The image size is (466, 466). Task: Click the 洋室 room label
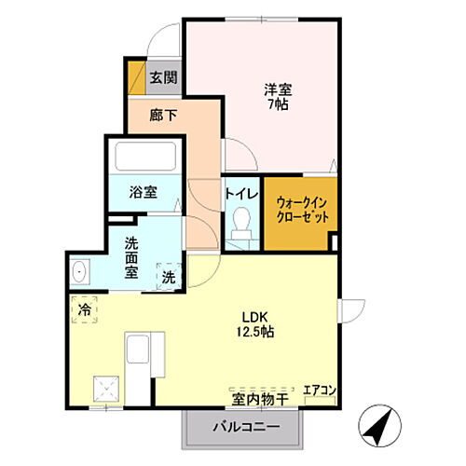278,89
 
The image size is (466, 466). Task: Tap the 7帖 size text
278,105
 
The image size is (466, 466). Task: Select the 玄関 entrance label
164,78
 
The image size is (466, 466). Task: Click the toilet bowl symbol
241,220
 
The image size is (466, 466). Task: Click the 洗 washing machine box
168,276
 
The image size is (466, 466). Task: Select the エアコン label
319,389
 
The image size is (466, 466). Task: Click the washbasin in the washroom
79,273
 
